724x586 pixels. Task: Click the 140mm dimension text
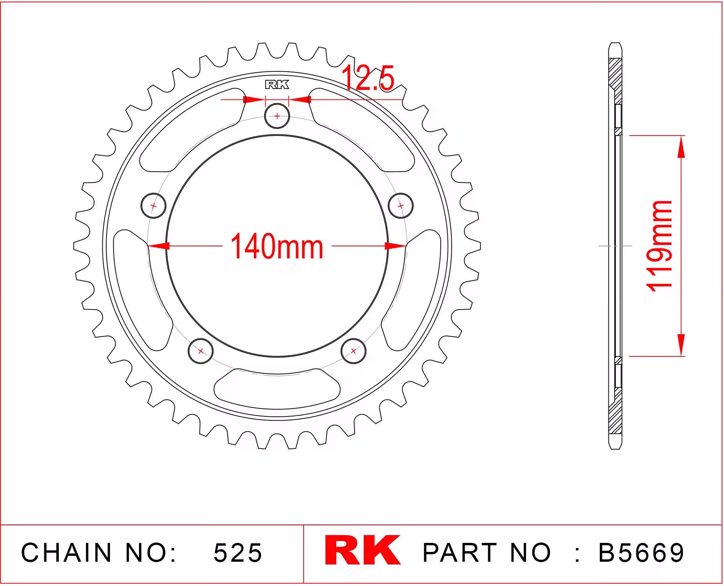(277, 247)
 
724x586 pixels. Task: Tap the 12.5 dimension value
(367, 78)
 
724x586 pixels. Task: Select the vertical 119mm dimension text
(659, 246)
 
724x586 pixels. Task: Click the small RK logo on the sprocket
(277, 85)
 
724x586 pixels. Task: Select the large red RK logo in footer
(363, 550)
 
